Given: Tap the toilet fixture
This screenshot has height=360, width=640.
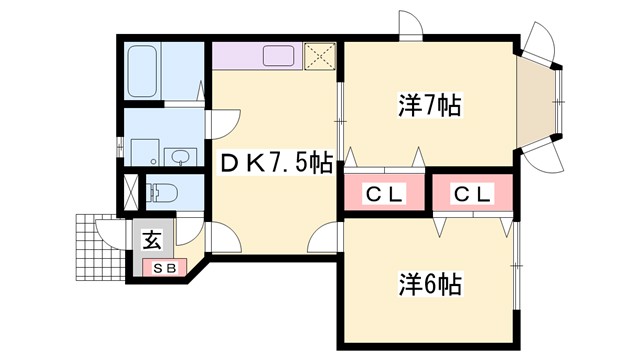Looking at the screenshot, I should [x=165, y=191].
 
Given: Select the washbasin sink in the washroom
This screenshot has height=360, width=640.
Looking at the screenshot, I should [x=181, y=158].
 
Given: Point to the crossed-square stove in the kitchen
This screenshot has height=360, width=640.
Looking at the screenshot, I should [x=319, y=56].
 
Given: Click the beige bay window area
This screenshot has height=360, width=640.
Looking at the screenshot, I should [x=539, y=100].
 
